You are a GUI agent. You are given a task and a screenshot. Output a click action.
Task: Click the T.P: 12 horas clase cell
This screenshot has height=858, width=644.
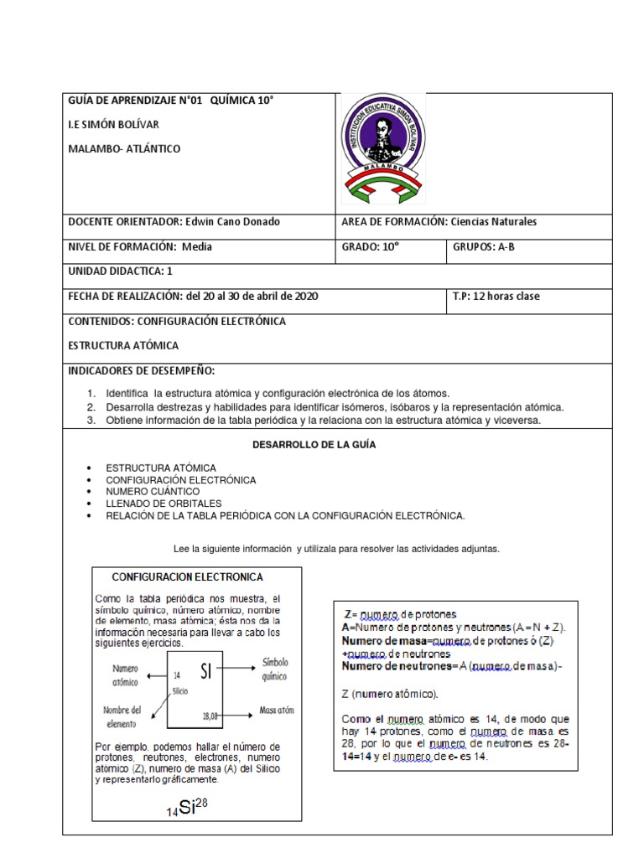tap(496, 296)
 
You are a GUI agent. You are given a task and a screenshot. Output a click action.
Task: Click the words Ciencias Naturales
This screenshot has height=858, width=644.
tap(493, 222)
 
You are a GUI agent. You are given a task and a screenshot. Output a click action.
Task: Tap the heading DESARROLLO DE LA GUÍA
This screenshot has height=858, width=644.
tap(314, 445)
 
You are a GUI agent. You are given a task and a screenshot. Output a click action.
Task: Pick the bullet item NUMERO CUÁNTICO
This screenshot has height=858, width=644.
tap(153, 492)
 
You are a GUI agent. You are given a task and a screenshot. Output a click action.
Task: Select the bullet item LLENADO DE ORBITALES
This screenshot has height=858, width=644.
tap(164, 504)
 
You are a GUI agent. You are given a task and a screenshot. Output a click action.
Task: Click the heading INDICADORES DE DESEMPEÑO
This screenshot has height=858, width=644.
tap(141, 370)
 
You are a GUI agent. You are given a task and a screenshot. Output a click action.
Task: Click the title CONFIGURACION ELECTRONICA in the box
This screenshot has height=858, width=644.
tap(188, 577)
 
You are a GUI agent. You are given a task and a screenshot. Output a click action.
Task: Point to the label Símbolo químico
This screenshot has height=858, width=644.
tap(274, 668)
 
